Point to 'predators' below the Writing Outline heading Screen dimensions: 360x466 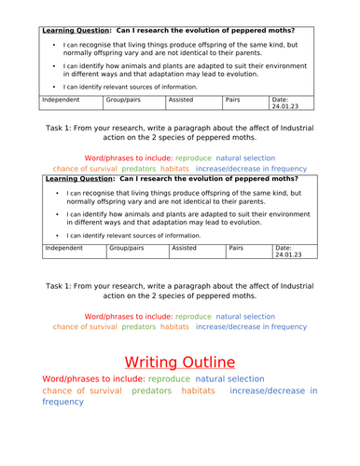(151, 391)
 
